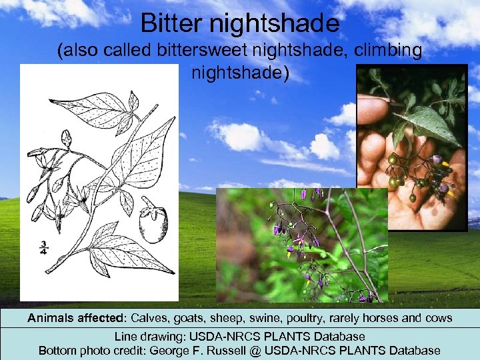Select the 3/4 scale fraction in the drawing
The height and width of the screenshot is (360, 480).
[43, 246]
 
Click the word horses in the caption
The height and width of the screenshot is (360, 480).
[369, 318]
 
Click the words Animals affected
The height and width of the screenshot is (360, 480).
[77, 318]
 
